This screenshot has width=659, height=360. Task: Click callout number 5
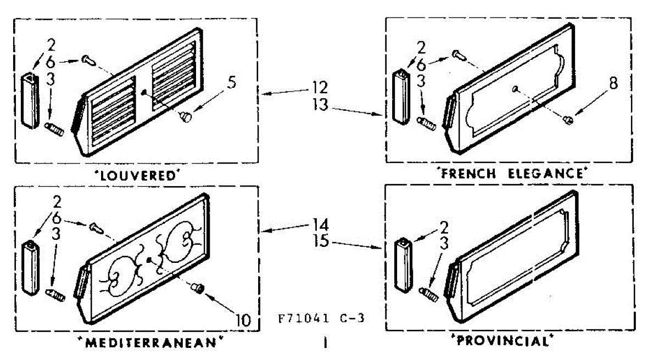pyautogui.click(x=232, y=85)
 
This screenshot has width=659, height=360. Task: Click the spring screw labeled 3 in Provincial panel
pyautogui.click(x=427, y=294)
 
